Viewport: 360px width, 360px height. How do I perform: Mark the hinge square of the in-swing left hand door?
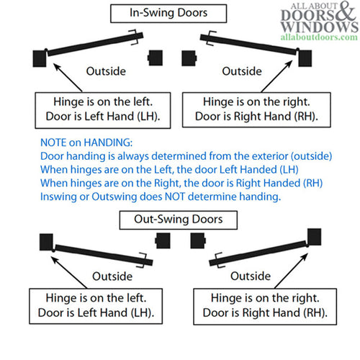(x=39, y=60)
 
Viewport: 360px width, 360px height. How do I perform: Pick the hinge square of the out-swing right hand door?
(x=315, y=235)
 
